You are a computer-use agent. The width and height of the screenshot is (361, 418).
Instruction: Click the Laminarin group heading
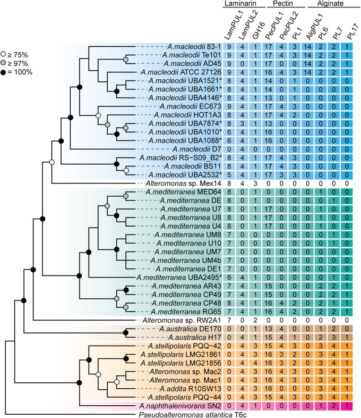coord(242,4)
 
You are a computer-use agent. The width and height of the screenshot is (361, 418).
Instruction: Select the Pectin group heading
coord(287,4)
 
